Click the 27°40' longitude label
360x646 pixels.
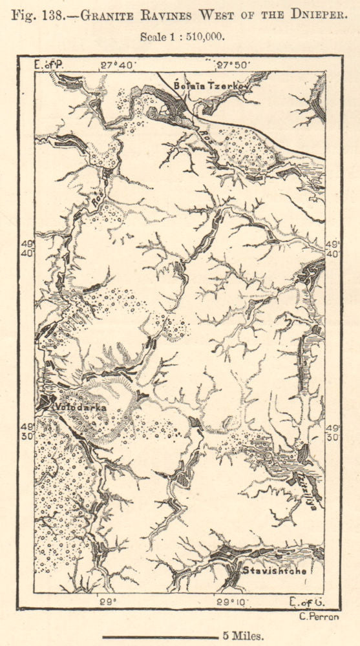(116, 65)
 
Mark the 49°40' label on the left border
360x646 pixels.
(26, 248)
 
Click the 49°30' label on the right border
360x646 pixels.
(333, 432)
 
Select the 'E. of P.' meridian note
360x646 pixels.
(49, 65)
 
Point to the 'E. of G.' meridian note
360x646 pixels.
(307, 602)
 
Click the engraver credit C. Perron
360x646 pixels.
(319, 615)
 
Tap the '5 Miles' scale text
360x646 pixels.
(242, 635)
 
